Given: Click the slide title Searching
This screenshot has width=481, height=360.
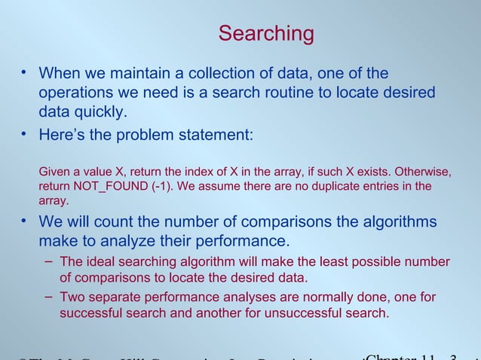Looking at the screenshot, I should [x=266, y=34].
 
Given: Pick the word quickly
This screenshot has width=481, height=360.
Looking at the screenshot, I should [x=102, y=112].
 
